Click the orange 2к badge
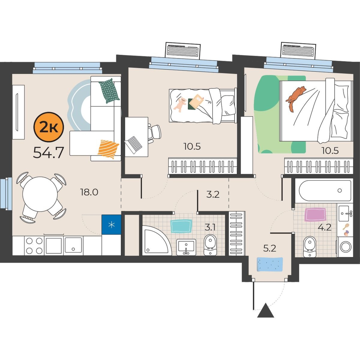(x=49, y=127)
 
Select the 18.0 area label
(x=89, y=192)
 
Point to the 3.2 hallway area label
(x=213, y=195)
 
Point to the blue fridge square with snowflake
(x=112, y=225)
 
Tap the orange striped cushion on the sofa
(x=108, y=149)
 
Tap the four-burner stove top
(x=34, y=245)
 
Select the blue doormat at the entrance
(x=270, y=264)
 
